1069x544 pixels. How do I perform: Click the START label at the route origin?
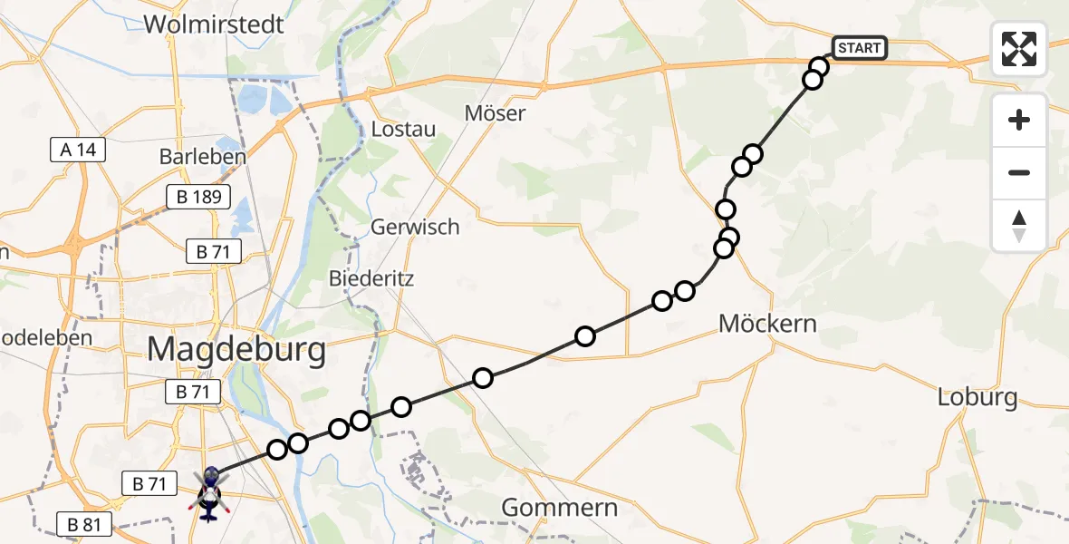click(858, 48)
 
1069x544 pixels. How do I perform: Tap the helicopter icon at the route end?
click(209, 494)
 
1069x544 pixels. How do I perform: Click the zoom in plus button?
click(1019, 120)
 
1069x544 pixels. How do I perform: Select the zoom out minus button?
click(1019, 172)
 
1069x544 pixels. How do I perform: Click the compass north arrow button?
click(1019, 225)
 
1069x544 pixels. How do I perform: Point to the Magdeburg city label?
click(236, 348)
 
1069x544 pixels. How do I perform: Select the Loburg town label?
click(978, 397)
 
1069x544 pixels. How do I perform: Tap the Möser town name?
click(495, 113)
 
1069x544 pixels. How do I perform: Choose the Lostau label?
click(403, 129)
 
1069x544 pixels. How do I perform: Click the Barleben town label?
click(202, 156)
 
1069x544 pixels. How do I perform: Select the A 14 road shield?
click(79, 150)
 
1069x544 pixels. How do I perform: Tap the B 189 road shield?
click(198, 197)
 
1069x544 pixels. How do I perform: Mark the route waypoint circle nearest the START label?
click(819, 66)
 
